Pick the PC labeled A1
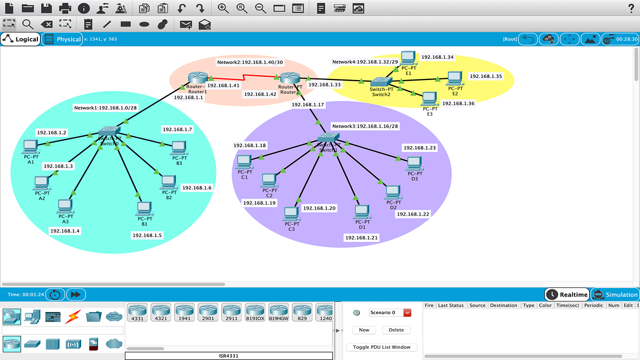click(x=29, y=146)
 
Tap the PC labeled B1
click(x=143, y=208)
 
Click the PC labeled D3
click(x=414, y=163)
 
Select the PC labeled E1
click(x=408, y=58)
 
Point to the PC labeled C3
click(x=291, y=214)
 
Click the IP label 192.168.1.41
click(x=223, y=85)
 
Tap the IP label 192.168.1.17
click(x=308, y=105)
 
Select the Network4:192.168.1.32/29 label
click(x=364, y=62)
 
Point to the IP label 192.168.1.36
click(x=458, y=103)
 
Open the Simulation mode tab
click(x=615, y=294)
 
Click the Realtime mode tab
click(x=567, y=294)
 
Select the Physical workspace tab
click(x=62, y=39)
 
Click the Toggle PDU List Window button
click(x=382, y=347)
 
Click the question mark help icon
click(x=631, y=8)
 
